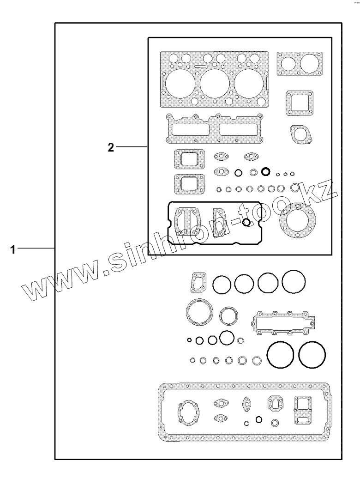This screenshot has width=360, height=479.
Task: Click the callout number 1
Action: pyautogui.click(x=12, y=249)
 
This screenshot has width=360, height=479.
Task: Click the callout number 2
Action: pyautogui.click(x=111, y=147)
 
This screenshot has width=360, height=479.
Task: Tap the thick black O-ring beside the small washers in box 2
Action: pyautogui.click(x=266, y=172)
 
